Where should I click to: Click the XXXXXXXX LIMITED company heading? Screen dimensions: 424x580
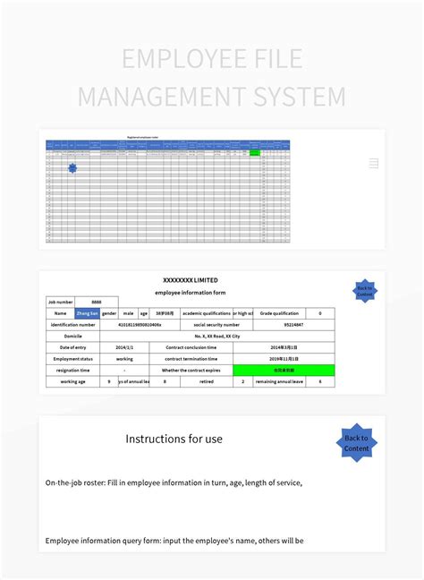tap(190, 280)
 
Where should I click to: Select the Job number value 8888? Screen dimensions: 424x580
tap(95, 303)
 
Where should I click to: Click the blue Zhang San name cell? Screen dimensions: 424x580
tap(88, 314)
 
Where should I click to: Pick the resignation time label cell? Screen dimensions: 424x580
tap(73, 370)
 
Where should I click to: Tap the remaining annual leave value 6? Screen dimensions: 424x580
tap(320, 381)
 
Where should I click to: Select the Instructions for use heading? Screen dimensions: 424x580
tap(174, 439)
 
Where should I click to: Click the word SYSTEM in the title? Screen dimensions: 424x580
tap(301, 96)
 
